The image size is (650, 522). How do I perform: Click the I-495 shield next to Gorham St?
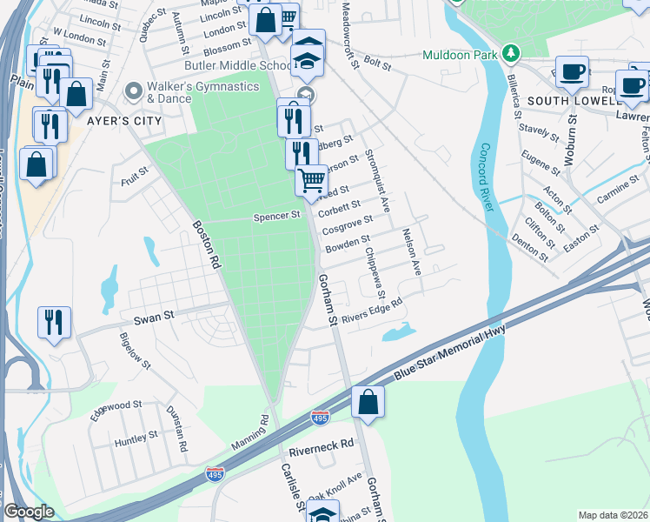pos(321,418)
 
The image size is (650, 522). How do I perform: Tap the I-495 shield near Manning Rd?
pos(214,474)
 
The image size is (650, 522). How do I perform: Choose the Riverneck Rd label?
pos(322,444)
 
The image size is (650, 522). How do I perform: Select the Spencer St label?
pos(276,216)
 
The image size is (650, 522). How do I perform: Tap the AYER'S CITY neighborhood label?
pos(123,121)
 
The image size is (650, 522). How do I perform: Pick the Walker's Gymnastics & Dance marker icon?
pos(133,90)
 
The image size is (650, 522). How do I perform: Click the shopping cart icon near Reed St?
pos(311,181)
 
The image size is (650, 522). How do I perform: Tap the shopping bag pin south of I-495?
pos(368,402)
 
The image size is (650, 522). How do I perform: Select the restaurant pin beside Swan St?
pos(54,322)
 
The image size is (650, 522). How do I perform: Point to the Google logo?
pos(29,512)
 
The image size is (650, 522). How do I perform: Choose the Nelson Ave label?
pos(411,252)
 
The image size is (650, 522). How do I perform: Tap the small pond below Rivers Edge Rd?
pos(397,331)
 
